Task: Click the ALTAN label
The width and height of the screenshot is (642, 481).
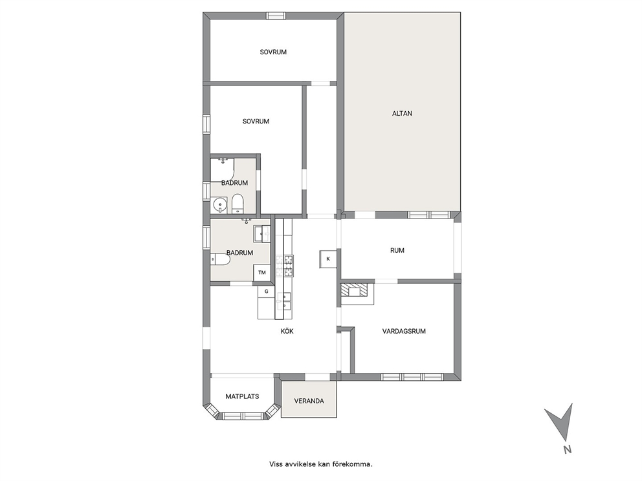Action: tap(402, 113)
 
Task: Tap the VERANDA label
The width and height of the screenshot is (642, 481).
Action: tap(309, 401)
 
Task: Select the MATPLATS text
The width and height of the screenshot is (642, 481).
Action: tap(243, 396)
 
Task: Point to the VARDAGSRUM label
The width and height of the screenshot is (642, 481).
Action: tap(404, 331)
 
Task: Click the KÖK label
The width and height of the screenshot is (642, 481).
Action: tap(287, 331)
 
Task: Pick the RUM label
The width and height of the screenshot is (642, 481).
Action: tap(397, 250)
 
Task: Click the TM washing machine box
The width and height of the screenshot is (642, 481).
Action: tap(262, 272)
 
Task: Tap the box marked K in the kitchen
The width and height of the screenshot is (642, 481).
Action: tap(328, 259)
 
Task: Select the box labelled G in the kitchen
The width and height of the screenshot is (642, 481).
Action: tap(266, 291)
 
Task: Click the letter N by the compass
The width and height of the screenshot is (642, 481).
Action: tap(568, 449)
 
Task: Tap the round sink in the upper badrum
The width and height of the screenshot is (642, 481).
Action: tap(221, 204)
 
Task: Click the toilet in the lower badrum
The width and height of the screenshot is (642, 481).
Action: tap(220, 259)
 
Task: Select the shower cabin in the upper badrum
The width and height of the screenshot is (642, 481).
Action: tap(223, 170)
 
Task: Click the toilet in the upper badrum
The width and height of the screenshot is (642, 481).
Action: tap(238, 203)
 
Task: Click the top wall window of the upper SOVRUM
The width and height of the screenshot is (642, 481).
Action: tap(276, 16)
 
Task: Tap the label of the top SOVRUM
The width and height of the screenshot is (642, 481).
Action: tap(273, 52)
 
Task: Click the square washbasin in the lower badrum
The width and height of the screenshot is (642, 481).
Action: tap(262, 234)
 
